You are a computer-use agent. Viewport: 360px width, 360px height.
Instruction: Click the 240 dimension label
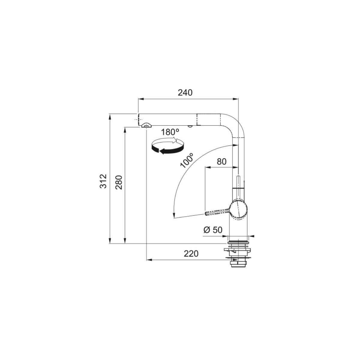(x=185, y=92)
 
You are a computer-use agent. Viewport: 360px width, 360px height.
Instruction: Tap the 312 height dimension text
(x=103, y=181)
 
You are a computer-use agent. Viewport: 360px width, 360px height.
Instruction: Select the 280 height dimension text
(x=118, y=182)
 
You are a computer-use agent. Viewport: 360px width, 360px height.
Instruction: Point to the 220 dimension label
(x=191, y=253)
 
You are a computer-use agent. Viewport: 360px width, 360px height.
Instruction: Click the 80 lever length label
(x=222, y=162)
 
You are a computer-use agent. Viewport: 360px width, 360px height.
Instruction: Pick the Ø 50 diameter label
(x=213, y=230)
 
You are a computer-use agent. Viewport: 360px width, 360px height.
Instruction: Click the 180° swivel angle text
(x=170, y=132)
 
